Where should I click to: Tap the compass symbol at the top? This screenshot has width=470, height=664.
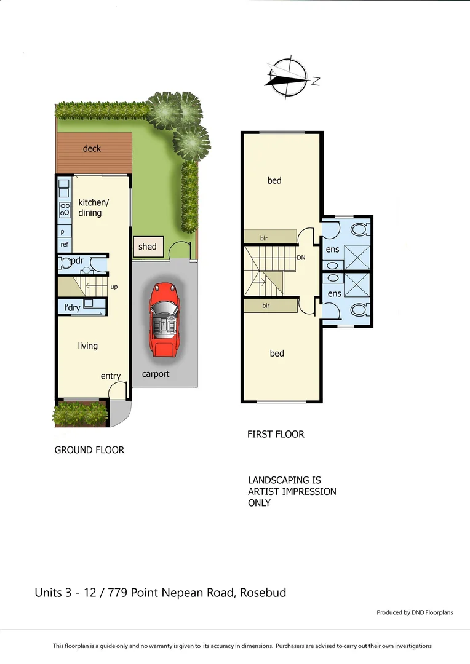(287, 78)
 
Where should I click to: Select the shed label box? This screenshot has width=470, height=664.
(148, 247)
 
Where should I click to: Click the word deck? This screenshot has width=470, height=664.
(92, 149)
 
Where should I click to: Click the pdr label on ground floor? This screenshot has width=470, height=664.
(77, 261)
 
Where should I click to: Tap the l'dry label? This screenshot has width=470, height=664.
(72, 308)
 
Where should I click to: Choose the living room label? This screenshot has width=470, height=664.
(87, 346)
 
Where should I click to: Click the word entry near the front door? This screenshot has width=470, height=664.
(111, 376)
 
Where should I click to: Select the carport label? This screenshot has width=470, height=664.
(156, 374)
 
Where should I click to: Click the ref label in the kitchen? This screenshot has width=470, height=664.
(65, 244)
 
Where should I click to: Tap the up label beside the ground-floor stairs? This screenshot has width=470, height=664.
(114, 287)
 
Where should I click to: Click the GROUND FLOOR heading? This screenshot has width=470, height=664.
(89, 450)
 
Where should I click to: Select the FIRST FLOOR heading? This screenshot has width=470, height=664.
(276, 434)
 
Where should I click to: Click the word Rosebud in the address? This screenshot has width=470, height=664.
(263, 593)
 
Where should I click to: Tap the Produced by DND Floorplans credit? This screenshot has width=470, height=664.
(415, 612)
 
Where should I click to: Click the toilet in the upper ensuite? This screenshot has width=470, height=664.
(358, 229)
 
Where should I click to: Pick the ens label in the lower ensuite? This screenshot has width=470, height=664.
(334, 294)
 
